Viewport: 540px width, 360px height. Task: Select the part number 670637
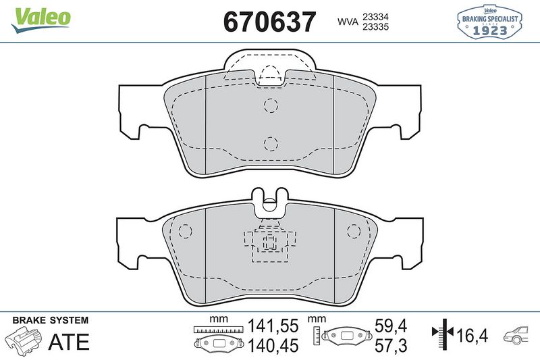pos(269,22)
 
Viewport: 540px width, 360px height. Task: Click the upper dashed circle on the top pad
pos(270,105)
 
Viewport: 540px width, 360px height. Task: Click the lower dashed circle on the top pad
pos(270,143)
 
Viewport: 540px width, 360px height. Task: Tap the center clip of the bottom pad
pos(270,242)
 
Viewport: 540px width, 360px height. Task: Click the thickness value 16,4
pos(473,335)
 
